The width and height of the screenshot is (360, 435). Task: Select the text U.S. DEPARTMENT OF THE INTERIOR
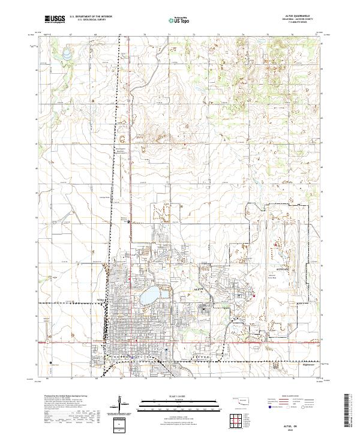click(x=90, y=17)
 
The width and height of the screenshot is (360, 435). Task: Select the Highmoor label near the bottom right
click(x=307, y=363)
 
